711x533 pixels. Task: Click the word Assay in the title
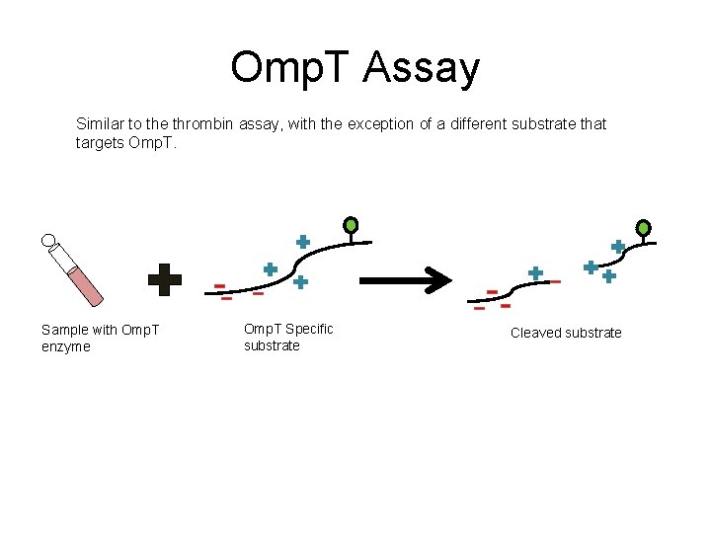422,69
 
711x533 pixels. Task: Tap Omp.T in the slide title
290,69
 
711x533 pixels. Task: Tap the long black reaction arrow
405,280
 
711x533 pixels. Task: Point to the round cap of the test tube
48,239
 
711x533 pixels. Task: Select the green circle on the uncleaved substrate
351,225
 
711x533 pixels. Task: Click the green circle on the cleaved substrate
643,228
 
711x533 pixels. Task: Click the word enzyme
66,346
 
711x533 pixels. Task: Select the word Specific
308,329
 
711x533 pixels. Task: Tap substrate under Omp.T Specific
272,345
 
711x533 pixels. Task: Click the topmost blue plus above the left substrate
303,241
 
